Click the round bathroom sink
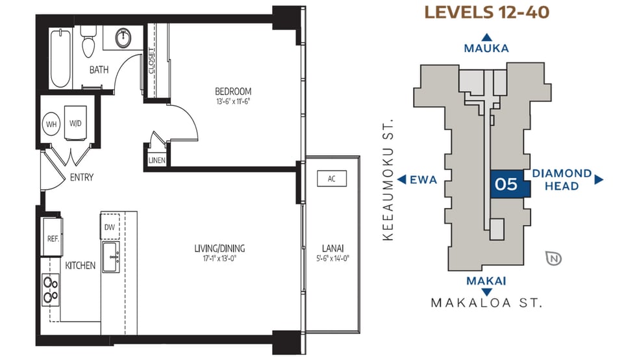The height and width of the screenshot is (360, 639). coord(123,38)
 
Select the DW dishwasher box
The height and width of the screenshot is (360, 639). coord(109,227)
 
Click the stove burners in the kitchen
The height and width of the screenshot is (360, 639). coord(50,290)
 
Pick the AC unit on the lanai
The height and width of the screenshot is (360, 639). coord(331,179)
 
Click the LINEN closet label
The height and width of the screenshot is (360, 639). coord(156,161)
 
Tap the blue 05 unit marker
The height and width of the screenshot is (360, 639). coord(506,185)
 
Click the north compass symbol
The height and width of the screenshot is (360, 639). coord(555,258)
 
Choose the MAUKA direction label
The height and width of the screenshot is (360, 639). coord(486,48)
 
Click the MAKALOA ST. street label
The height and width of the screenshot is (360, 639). coord(486,303)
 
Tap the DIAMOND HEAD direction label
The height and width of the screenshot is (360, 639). coord(562,179)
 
